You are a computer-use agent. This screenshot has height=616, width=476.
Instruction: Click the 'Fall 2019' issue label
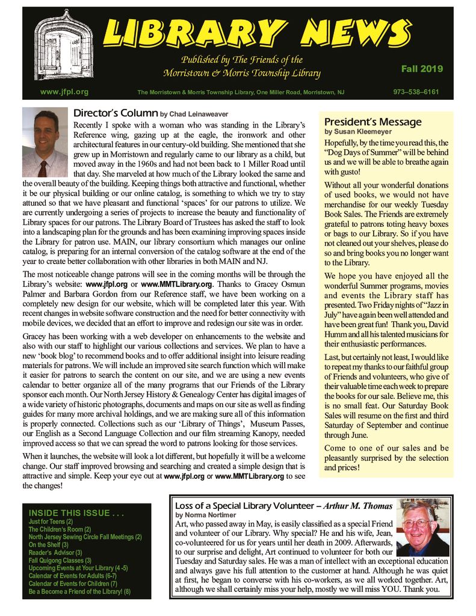[x=422, y=69]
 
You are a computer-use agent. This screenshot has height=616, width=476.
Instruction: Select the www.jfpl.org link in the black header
[x=64, y=92]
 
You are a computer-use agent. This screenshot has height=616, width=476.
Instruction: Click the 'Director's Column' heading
[x=115, y=112]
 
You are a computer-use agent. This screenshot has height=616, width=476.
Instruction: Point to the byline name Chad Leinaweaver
[x=196, y=114]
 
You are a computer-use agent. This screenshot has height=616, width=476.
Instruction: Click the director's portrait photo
[x=45, y=143]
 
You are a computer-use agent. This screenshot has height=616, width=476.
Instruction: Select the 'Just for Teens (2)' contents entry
[x=51, y=522]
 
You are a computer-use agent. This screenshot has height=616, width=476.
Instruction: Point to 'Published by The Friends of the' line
[x=241, y=60]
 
